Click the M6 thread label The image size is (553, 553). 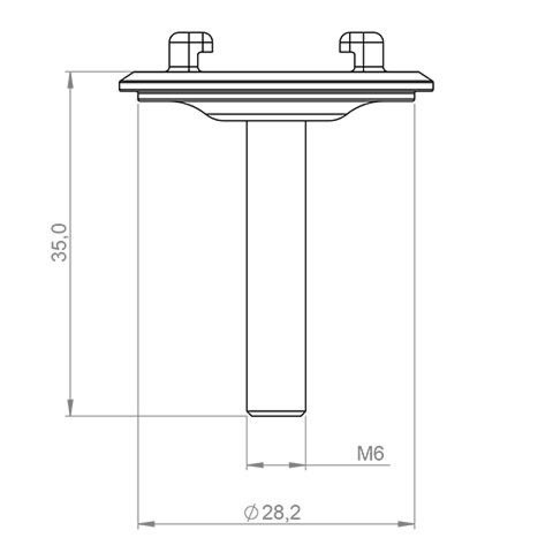click(x=371, y=454)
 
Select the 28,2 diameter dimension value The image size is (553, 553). click(x=281, y=513)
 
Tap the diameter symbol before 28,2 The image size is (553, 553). click(x=251, y=513)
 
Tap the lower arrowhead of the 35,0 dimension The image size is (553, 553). click(x=70, y=408)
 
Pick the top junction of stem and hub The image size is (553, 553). click(x=276, y=122)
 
